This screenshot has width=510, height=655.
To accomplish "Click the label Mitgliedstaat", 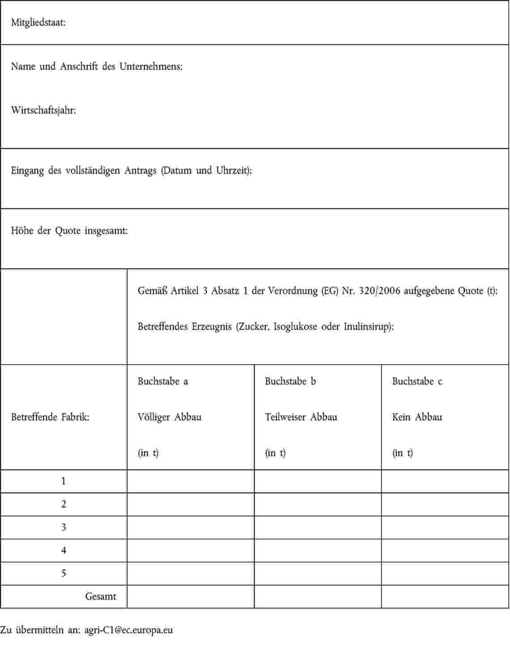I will [x=38, y=23].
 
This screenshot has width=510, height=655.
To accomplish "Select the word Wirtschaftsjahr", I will [x=43, y=110].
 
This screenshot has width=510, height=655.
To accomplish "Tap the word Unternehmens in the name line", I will [x=151, y=67].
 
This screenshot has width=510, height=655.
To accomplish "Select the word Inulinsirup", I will [x=368, y=327].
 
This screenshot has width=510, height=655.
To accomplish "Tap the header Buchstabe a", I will [x=163, y=381].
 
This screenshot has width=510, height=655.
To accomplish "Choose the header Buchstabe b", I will [x=290, y=381].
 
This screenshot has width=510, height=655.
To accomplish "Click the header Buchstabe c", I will [x=417, y=381].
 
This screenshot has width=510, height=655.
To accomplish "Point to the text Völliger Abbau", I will [x=170, y=417].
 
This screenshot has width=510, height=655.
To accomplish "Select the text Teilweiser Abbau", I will [x=301, y=417].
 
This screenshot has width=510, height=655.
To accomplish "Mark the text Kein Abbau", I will [x=417, y=417].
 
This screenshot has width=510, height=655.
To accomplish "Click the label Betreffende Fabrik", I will [x=50, y=418].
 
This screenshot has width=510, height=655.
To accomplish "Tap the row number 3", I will [x=64, y=528].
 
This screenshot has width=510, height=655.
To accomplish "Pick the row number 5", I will [x=64, y=574].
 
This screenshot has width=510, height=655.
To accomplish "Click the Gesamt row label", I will [x=101, y=596].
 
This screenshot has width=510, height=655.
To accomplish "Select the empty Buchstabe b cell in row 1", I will [x=318, y=482].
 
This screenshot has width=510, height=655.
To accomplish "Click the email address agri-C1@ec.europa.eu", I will [x=129, y=630].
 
